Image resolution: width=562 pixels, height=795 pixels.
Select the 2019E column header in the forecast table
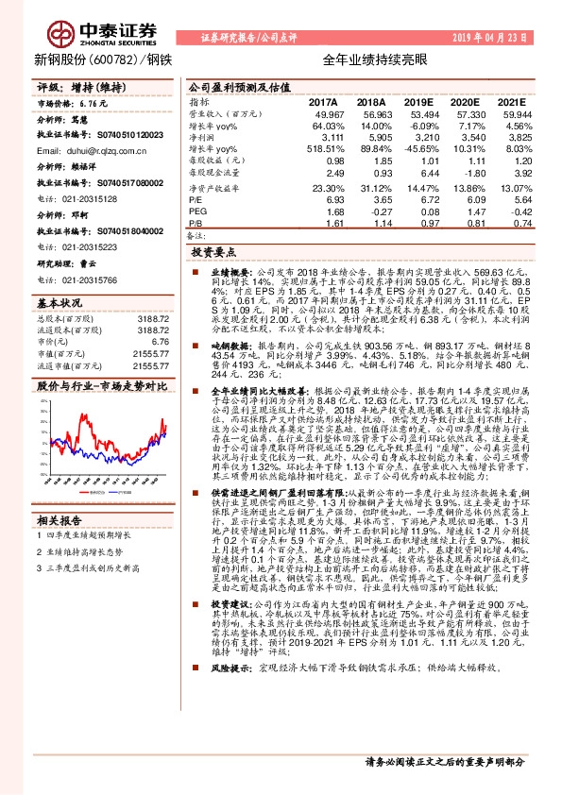tap(417, 101)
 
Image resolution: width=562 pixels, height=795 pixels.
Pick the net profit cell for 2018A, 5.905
tap(372, 137)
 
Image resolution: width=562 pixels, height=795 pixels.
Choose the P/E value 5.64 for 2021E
tap(511, 199)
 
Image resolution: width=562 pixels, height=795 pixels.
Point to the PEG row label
tap(196, 211)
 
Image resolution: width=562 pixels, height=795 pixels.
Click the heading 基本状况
tap(60, 304)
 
